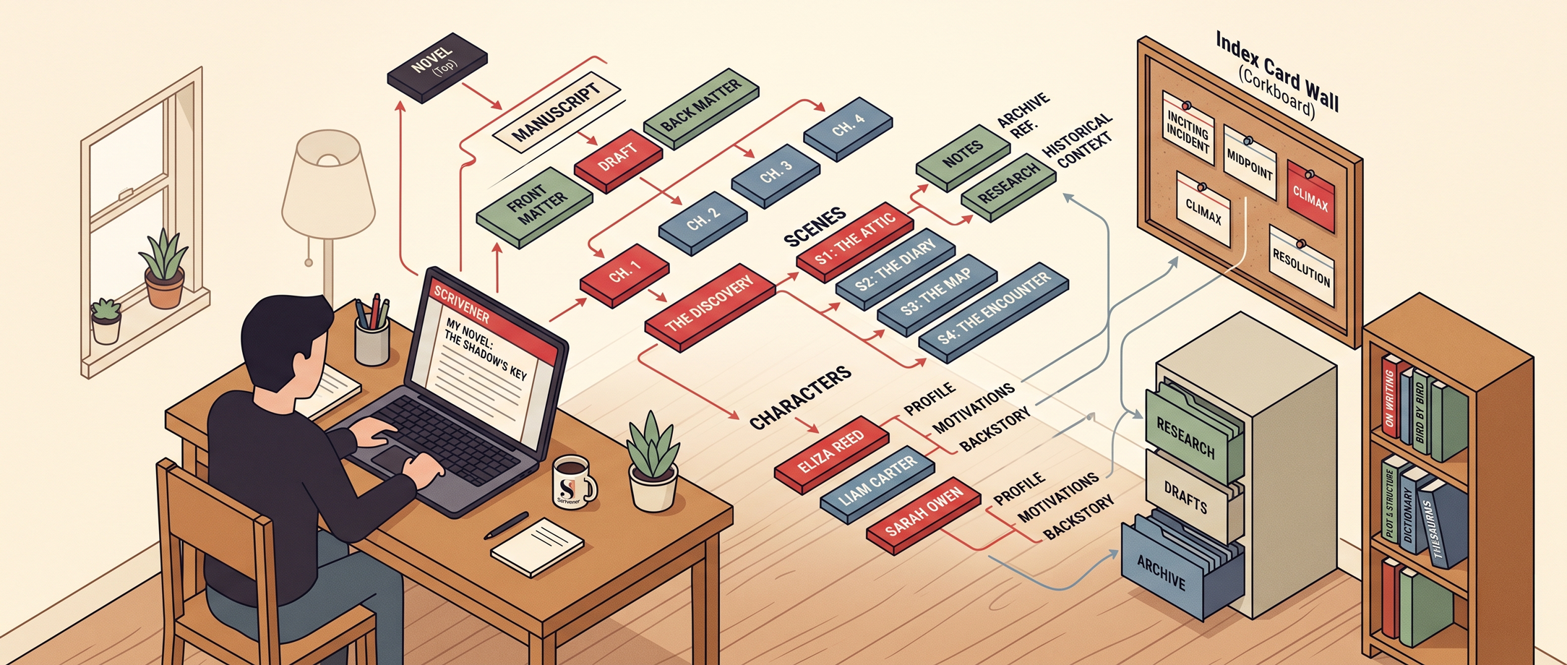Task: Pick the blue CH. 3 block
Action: point(776,173)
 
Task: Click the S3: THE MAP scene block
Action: point(936,293)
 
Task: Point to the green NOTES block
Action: point(962,155)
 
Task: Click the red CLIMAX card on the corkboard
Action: point(1310,195)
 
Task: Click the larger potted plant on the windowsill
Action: point(164,271)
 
